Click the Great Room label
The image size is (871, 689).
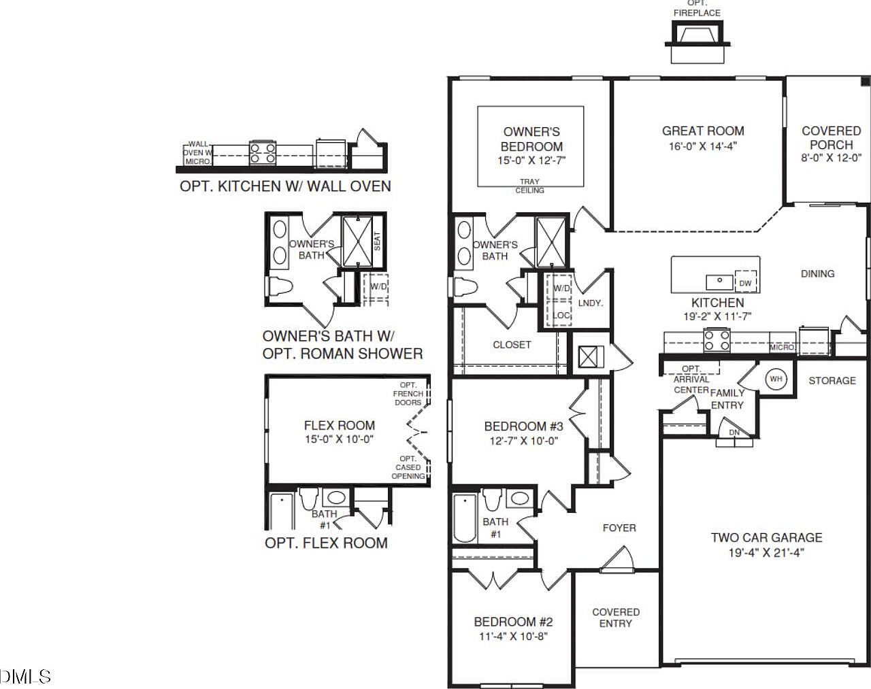[703, 131]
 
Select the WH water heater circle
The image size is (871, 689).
[776, 379]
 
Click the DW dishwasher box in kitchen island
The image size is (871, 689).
[746, 282]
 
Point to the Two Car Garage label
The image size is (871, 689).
[766, 537]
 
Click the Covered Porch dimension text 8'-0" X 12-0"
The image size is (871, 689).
[831, 157]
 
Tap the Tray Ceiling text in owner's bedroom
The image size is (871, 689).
[529, 186]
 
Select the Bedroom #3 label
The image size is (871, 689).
[523, 426]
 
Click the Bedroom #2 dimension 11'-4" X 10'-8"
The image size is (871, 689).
[513, 636]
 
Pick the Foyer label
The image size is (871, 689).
[619, 527]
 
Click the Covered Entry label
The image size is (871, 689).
[616, 618]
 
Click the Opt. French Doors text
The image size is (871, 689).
[408, 394]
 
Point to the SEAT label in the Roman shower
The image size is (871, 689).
[377, 240]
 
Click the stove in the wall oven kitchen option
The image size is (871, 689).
[263, 152]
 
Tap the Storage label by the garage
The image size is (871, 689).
[832, 380]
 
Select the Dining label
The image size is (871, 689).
[817, 273]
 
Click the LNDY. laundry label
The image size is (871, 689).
[590, 303]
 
